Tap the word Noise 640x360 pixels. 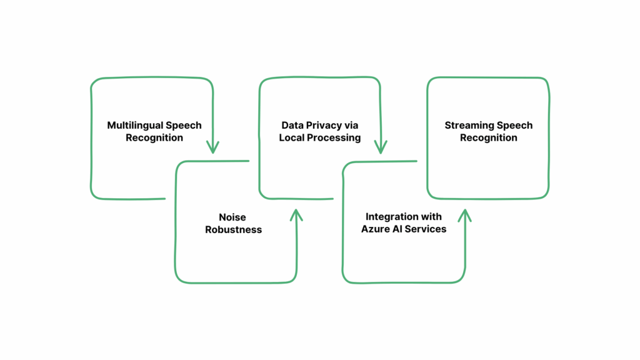pyautogui.click(x=232, y=217)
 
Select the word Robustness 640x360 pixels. pyautogui.click(x=233, y=229)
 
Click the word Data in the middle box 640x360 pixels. pyautogui.click(x=292, y=125)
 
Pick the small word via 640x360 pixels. pyautogui.click(x=352, y=125)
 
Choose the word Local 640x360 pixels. pyautogui.click(x=292, y=137)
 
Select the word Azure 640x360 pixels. pyautogui.click(x=376, y=229)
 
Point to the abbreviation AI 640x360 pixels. pyautogui.click(x=399, y=229)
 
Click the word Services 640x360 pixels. pyautogui.click(x=427, y=229)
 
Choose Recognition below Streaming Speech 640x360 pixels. pyautogui.click(x=489, y=137)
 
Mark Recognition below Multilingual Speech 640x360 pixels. pyautogui.click(x=154, y=137)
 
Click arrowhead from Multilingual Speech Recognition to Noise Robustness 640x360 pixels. pyautogui.click(x=213, y=148)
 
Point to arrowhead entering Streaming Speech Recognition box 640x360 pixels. pyautogui.click(x=464, y=215)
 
